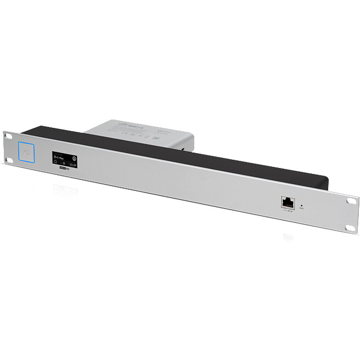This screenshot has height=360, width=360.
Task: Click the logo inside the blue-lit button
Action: (x=27, y=151)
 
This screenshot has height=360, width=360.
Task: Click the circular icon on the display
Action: (x=75, y=157)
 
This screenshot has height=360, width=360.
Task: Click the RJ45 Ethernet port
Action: (x=287, y=202)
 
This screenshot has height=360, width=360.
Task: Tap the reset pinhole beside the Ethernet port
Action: (x=301, y=206)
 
